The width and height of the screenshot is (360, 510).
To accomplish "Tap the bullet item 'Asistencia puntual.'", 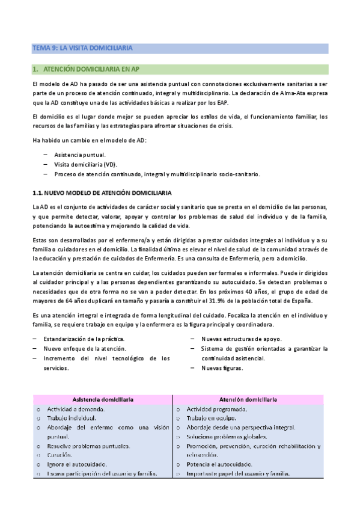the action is click(x=79, y=155).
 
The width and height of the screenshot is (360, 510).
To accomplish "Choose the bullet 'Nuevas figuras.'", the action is click(x=222, y=368).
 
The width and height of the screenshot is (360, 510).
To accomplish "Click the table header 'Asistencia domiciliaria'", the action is click(x=103, y=399).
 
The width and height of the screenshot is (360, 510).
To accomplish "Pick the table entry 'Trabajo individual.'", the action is click(x=76, y=417).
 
